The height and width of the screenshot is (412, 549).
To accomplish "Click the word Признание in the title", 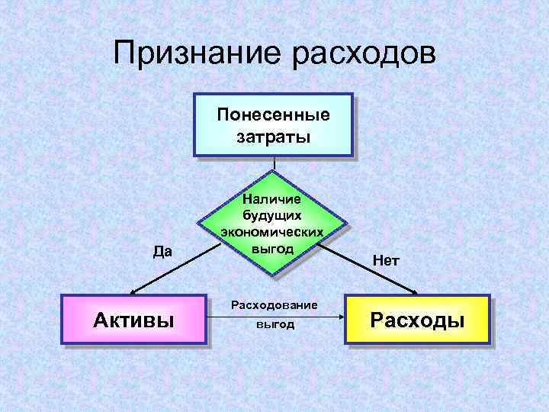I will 195,55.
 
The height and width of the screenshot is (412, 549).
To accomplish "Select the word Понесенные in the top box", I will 273,115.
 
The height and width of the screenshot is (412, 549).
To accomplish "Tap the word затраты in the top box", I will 273,137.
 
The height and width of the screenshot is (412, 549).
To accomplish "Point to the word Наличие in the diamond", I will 272,198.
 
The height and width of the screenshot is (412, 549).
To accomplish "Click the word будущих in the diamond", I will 272,215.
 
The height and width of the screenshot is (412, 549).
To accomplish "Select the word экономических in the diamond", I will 272,232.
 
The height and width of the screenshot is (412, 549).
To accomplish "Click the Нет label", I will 386,260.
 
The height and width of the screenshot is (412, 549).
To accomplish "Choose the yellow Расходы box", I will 416,319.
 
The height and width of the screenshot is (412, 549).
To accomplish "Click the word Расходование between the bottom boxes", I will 273,305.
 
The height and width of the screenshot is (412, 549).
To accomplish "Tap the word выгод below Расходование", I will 274,325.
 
